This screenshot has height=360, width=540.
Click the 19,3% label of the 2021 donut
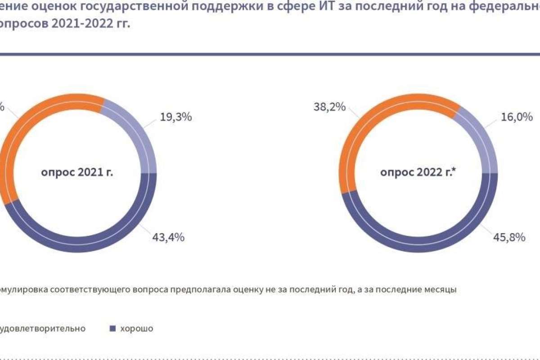click(176, 117)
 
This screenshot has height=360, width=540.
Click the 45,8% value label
click(510, 238)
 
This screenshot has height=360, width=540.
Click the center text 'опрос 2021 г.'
click(77, 173)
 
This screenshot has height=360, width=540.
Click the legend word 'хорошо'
click(136, 328)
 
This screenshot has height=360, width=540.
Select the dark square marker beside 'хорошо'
click(113, 328)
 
